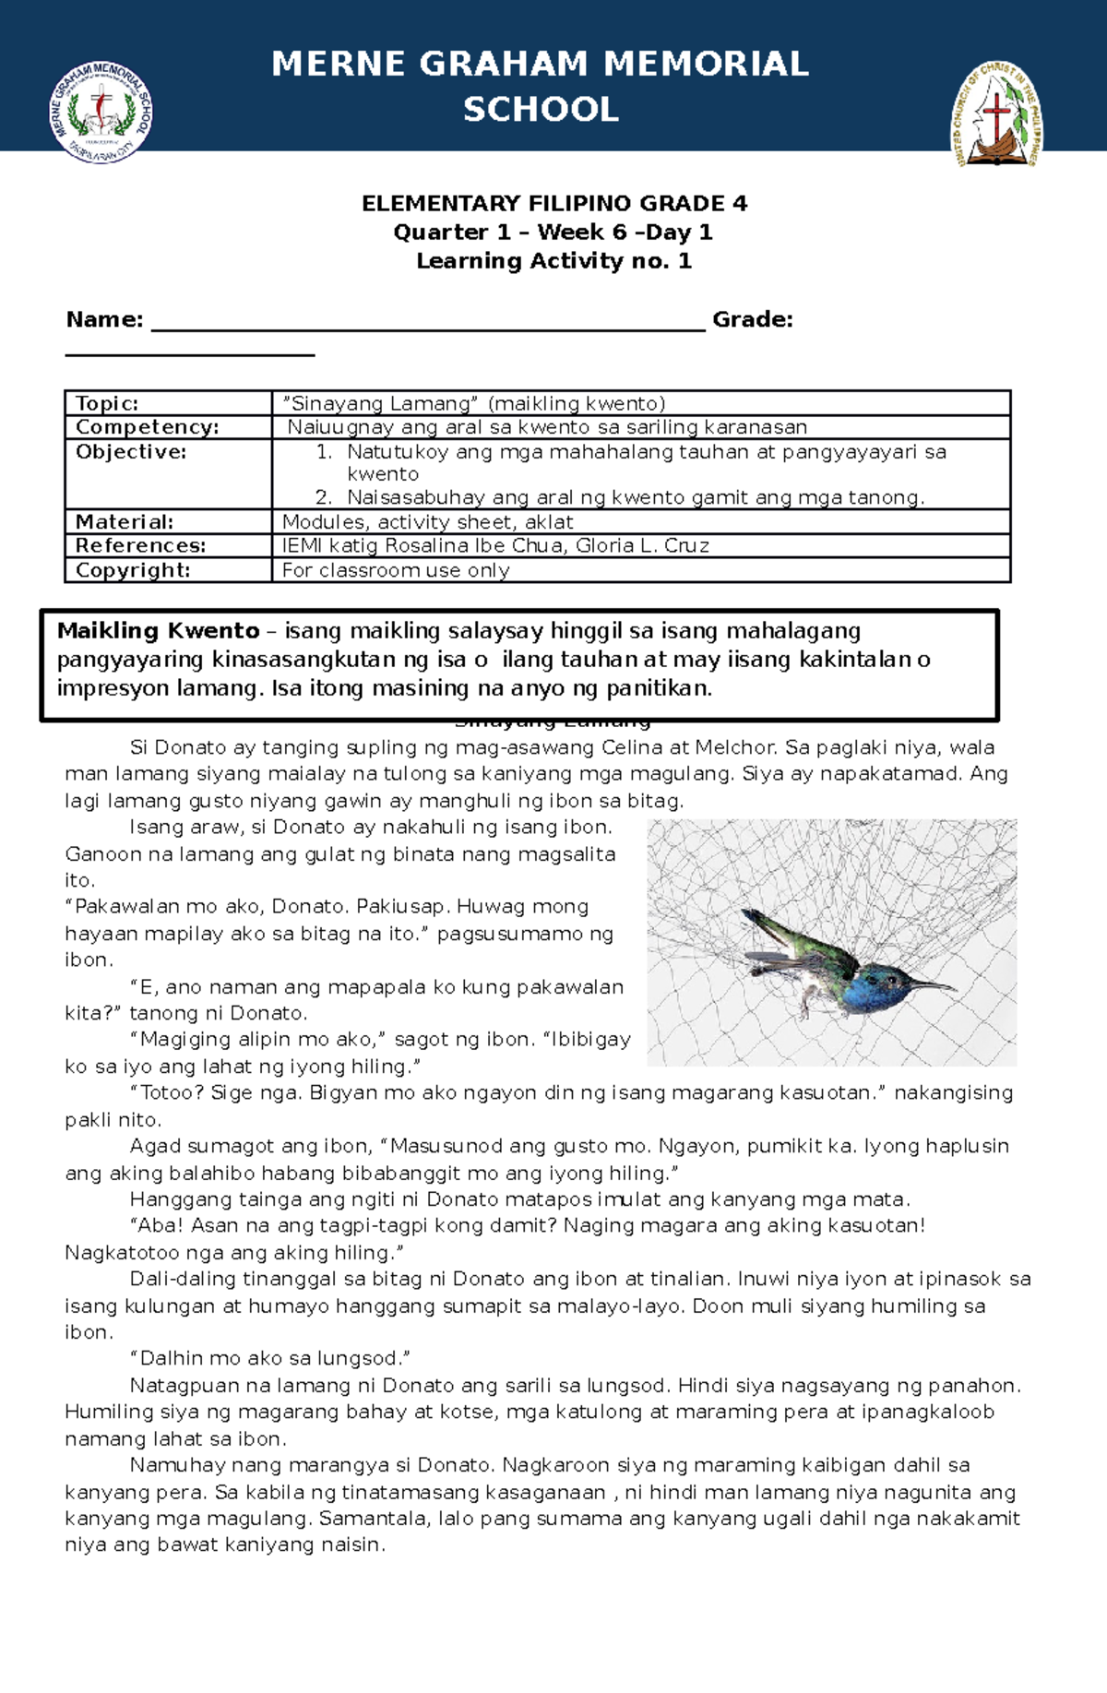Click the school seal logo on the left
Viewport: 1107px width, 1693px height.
[x=101, y=113]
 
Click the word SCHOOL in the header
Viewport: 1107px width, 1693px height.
[x=541, y=110]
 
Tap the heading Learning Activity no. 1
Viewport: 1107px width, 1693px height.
[x=553, y=261]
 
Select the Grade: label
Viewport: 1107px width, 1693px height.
[x=752, y=319]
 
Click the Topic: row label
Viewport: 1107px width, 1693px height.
[x=107, y=403]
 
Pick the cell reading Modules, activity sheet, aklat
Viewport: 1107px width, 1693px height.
[x=428, y=522]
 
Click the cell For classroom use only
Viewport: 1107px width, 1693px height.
[x=396, y=570]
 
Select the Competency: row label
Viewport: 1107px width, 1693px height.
[x=147, y=427]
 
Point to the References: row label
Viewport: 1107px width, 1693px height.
[x=140, y=546]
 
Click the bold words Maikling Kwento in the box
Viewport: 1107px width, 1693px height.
[x=159, y=631]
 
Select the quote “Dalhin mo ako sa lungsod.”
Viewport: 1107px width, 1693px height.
[x=269, y=1359]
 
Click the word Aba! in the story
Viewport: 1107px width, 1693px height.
[x=158, y=1225]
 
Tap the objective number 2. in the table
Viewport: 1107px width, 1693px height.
[x=323, y=497]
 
